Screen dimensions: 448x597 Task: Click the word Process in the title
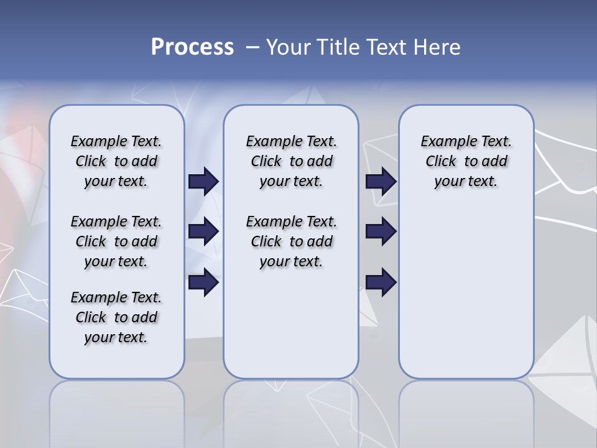(192, 47)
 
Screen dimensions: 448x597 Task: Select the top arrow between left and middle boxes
(203, 181)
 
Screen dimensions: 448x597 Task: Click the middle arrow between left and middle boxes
(203, 231)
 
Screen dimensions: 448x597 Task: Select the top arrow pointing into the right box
(381, 181)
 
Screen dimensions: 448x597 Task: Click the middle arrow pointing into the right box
(381, 231)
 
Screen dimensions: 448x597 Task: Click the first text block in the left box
(116, 161)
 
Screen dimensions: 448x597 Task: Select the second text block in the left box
(116, 241)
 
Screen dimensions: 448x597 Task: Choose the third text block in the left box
(116, 317)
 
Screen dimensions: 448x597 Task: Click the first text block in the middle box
(291, 161)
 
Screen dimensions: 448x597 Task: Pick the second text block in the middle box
(291, 241)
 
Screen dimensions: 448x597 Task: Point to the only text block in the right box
(466, 161)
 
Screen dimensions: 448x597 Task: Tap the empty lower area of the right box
(466, 292)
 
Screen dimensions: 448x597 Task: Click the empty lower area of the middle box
(291, 324)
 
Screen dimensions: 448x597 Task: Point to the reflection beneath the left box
(117, 411)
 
